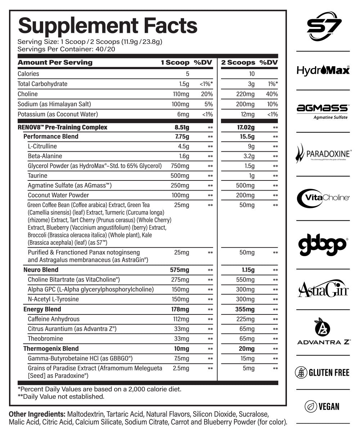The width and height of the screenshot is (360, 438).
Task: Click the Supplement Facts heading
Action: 107,25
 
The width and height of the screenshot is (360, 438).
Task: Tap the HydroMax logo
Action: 323,70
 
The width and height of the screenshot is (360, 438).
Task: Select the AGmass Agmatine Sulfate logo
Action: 323,110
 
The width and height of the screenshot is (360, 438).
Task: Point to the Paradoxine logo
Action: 323,154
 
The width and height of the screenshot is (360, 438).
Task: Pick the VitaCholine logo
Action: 323,197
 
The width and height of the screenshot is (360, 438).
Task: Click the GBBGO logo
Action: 323,244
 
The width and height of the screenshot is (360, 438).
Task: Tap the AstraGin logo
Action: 323,289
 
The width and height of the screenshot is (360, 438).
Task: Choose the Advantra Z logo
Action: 323,332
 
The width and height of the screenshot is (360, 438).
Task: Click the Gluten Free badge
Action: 323,372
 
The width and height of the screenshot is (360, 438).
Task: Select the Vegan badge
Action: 323,406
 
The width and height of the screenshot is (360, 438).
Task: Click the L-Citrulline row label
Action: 42,147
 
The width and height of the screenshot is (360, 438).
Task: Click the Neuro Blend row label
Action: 41,270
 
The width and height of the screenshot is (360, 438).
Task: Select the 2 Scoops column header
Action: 238,63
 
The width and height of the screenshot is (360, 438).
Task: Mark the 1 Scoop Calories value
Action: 187,74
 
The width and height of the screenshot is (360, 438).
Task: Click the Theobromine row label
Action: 45,339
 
